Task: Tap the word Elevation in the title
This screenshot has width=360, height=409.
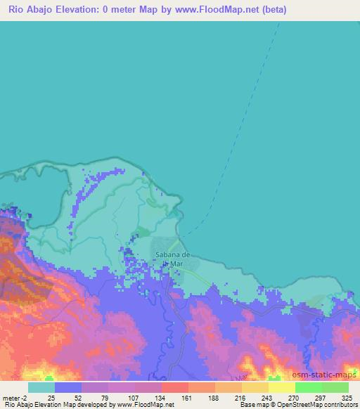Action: point(89,11)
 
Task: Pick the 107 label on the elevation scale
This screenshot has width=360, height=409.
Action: point(133,397)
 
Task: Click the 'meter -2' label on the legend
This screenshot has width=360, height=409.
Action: point(14,397)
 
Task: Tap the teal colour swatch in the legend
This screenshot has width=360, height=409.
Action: point(41,387)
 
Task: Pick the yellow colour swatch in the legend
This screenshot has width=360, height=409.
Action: point(281,387)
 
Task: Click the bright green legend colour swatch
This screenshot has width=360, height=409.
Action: point(308,387)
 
